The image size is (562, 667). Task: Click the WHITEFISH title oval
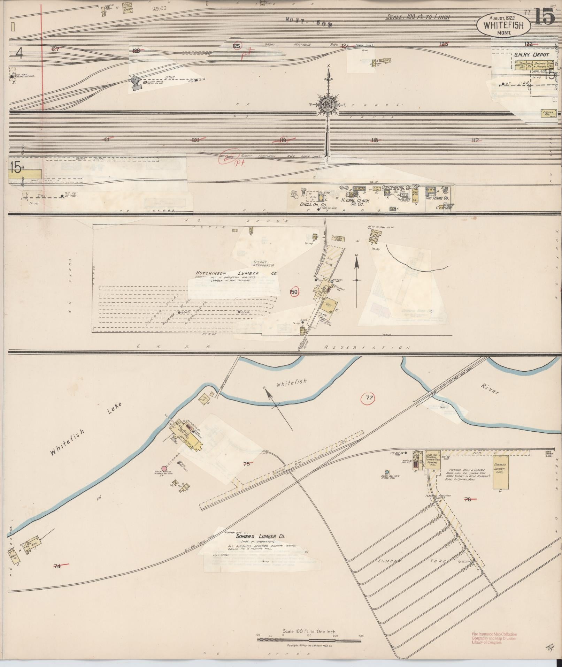503,25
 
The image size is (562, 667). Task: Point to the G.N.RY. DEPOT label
531,55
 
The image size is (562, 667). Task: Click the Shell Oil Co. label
313,204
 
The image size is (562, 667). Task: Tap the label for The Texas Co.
437,198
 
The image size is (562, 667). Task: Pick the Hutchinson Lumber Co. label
236,273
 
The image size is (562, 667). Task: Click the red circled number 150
294,291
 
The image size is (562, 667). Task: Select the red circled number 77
369,397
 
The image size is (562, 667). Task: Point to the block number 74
57,566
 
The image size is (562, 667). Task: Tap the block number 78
468,499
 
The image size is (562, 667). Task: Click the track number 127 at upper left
55,49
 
